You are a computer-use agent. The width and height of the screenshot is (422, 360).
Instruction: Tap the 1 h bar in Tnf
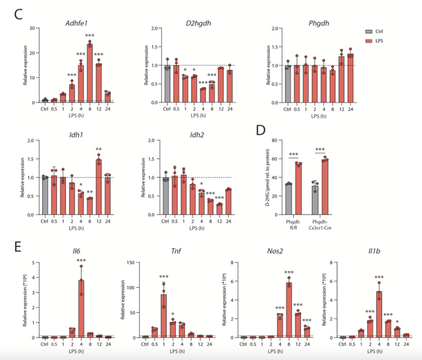(x=163, y=314)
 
